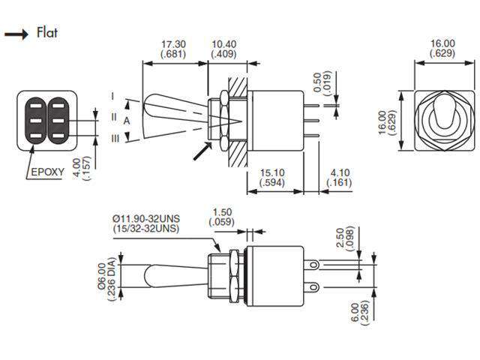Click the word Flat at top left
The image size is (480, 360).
point(46,33)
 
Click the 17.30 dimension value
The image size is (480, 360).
point(174,44)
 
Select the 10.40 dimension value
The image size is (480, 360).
point(223,44)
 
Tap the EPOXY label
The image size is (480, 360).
point(46,172)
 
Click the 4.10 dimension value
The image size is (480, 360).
point(338,172)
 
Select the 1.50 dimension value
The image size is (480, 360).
point(222,212)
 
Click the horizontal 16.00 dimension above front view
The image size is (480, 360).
point(442,43)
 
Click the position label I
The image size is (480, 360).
point(112,96)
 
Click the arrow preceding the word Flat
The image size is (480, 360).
point(16,34)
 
